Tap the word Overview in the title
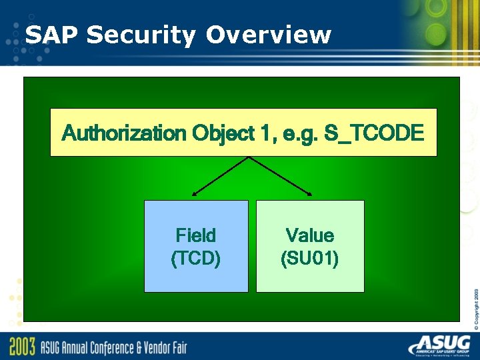coord(268,35)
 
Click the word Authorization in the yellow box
coord(123,133)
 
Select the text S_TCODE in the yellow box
coord(373,133)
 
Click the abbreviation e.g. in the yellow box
coord(299,133)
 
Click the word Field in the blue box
coord(196,235)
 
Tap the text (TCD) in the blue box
coord(196,258)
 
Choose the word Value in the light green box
coord(310,235)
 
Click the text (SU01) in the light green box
coord(310,258)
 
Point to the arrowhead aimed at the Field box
coord(193,194)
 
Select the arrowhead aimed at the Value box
coord(309,194)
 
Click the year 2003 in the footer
coord(22,347)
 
